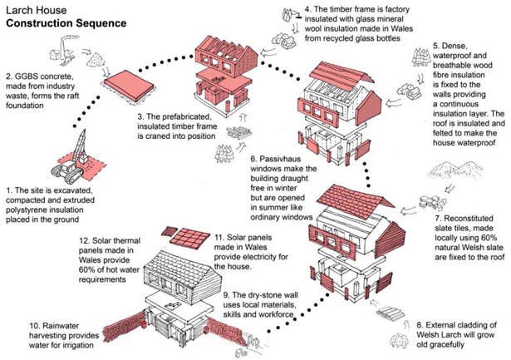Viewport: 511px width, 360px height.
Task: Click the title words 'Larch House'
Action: coord(33,10)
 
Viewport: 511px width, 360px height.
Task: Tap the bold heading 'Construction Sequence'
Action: coord(66,24)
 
